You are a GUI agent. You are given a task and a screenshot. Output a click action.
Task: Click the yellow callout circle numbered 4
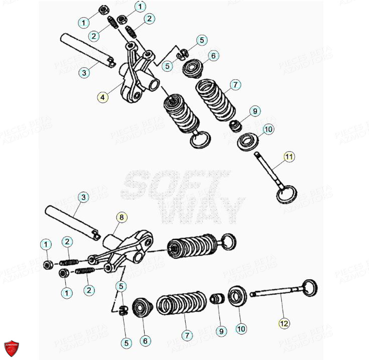(102, 97)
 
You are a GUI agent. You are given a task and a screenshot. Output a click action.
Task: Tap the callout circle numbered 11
(288, 157)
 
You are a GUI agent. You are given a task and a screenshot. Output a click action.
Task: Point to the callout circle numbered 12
(284, 324)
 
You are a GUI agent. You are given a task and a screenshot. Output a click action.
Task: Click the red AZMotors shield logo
(11, 347)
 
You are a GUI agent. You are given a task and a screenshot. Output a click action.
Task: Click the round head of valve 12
(309, 288)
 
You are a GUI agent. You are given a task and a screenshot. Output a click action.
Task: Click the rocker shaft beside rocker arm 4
(88, 50)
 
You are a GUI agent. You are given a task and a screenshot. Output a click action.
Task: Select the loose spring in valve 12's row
(182, 304)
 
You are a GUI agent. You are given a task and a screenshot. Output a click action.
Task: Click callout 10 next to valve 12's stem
(241, 329)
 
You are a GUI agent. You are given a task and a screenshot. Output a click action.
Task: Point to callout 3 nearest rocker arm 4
(84, 73)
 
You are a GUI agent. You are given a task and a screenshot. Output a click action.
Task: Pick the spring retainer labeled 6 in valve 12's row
(143, 307)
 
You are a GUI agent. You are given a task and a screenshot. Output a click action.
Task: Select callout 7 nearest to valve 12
(187, 335)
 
